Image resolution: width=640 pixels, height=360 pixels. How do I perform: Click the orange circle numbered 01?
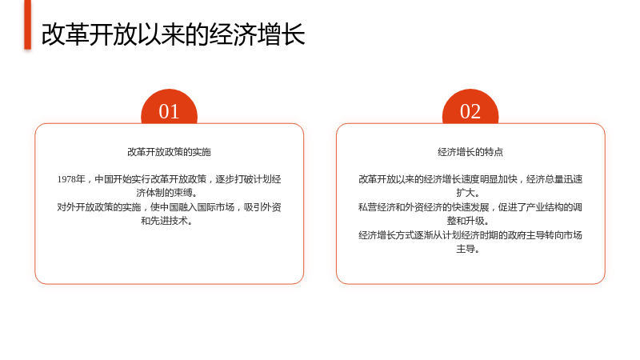tap(169, 107)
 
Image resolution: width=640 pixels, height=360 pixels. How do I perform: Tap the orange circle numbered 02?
tap(470, 107)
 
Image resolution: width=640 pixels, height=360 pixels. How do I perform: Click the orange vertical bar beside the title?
tap(27, 25)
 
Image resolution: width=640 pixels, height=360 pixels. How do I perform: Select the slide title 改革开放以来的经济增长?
tap(173, 34)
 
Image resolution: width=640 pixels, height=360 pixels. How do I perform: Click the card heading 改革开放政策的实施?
tap(169, 152)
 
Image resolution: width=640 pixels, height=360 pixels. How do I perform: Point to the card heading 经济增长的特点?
tap(470, 152)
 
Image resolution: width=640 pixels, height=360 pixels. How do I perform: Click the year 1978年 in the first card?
tap(71, 179)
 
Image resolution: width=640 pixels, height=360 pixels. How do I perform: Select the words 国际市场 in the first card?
tap(215, 207)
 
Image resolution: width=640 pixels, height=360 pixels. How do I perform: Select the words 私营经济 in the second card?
tap(377, 207)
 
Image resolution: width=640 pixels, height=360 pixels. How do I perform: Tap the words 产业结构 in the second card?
tap(545, 207)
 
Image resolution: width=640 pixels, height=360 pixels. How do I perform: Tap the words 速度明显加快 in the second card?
tap(489, 179)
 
